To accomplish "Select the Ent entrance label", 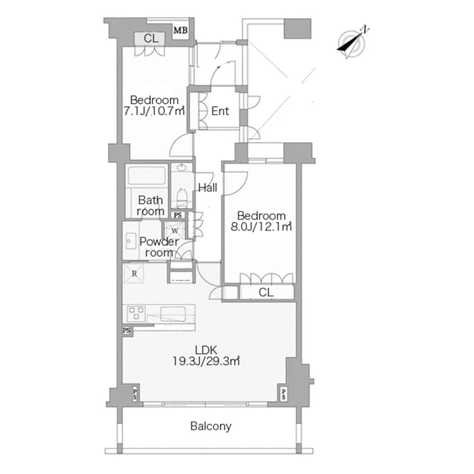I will pyautogui.click(x=220, y=111).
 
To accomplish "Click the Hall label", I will pyautogui.click(x=208, y=188).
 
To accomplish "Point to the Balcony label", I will pyautogui.click(x=211, y=426).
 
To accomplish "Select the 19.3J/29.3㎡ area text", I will pyautogui.click(x=207, y=361).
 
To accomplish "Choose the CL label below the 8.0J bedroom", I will pyautogui.click(x=266, y=293).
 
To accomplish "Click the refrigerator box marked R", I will pyautogui.click(x=135, y=273).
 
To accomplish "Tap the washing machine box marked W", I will pyautogui.click(x=174, y=231).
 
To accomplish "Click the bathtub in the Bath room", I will pyautogui.click(x=146, y=176).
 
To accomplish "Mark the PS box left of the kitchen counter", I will pyautogui.click(x=127, y=330).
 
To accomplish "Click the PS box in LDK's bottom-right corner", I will pyautogui.click(x=283, y=393).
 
